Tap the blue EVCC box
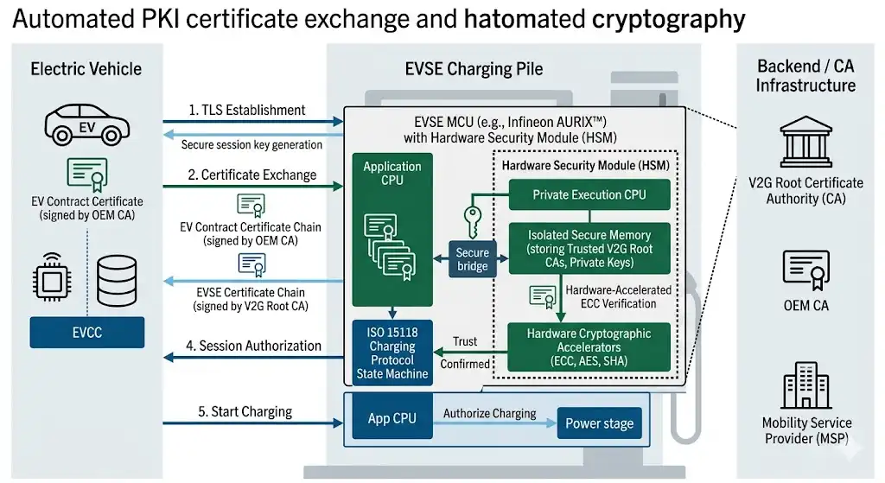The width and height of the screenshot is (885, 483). (x=86, y=332)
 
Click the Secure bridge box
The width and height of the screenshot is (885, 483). (x=472, y=259)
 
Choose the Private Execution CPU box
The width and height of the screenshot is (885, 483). (x=589, y=194)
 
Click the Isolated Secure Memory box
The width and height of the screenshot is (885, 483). (x=589, y=248)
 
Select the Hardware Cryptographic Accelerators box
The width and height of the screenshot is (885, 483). (x=589, y=346)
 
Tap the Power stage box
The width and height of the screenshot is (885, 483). (x=599, y=423)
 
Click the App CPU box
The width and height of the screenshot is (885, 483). (x=392, y=419)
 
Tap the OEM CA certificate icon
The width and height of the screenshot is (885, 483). (x=805, y=270)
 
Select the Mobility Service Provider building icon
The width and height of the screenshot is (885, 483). (x=805, y=385)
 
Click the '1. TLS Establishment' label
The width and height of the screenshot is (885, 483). (x=246, y=110)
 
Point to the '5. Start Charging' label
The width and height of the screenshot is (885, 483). (x=245, y=411)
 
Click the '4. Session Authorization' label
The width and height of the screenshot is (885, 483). (x=253, y=346)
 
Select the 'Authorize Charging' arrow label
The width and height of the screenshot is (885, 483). (x=489, y=413)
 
